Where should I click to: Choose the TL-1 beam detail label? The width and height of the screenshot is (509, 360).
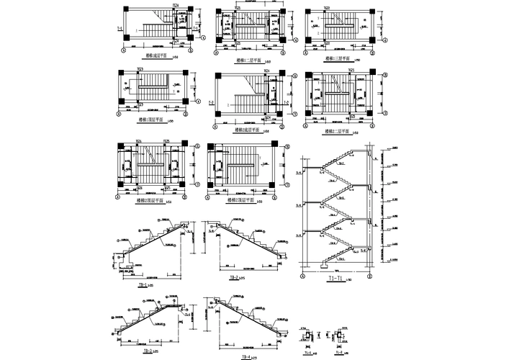coord(307,351)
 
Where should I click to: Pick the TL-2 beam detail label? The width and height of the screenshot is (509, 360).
coord(338,351)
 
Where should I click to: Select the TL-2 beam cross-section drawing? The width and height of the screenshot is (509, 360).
coord(338,337)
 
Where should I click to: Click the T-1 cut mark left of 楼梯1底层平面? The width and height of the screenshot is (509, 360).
coord(118,30)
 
